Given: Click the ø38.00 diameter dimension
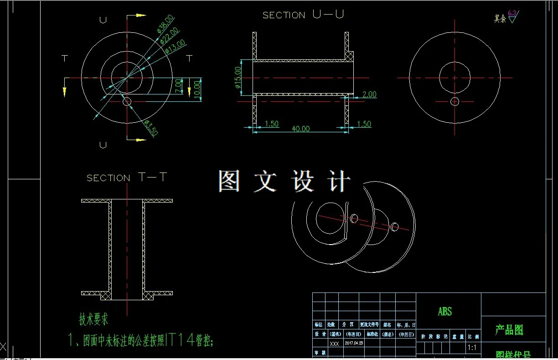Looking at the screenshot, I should [165, 24].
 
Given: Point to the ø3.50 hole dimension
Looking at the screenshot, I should [151, 128].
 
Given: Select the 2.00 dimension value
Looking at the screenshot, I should [369, 94].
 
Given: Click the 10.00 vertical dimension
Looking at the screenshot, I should [196, 88].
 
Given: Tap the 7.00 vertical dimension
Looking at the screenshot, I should [178, 85].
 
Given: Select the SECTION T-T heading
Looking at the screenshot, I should [127, 177].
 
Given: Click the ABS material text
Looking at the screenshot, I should [445, 311].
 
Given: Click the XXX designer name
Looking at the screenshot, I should [334, 344].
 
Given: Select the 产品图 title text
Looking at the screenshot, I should [509, 330].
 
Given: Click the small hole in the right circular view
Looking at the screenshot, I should [455, 101].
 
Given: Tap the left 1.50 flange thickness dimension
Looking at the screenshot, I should [271, 124].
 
